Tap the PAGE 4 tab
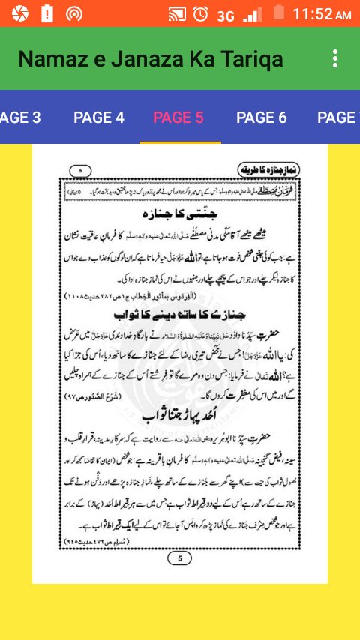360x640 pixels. click(x=99, y=117)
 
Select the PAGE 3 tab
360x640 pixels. click(x=19, y=117)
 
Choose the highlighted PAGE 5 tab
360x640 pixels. click(x=178, y=117)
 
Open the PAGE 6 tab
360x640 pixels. click(x=262, y=117)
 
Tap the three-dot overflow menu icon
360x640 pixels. click(x=335, y=59)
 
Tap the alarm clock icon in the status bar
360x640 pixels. click(x=200, y=13)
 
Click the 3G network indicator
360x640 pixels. click(x=226, y=15)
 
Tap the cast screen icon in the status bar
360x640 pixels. click(x=177, y=13)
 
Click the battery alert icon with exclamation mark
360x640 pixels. click(x=46, y=13)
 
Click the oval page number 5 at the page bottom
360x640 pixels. click(x=179, y=558)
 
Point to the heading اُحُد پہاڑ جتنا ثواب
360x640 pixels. click(x=179, y=414)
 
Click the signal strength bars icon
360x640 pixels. click(x=253, y=13)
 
